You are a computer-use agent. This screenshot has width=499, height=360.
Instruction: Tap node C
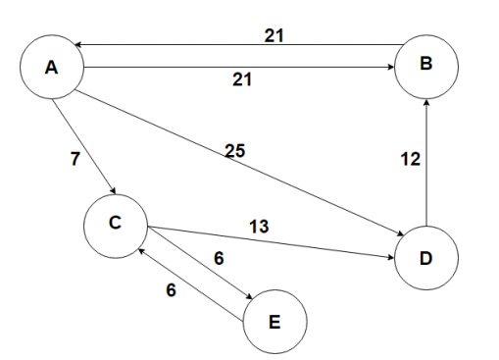click(116, 223)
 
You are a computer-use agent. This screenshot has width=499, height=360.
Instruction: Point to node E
click(274, 320)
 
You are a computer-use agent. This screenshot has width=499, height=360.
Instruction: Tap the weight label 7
click(75, 160)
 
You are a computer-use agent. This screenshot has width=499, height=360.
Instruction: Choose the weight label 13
click(258, 227)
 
